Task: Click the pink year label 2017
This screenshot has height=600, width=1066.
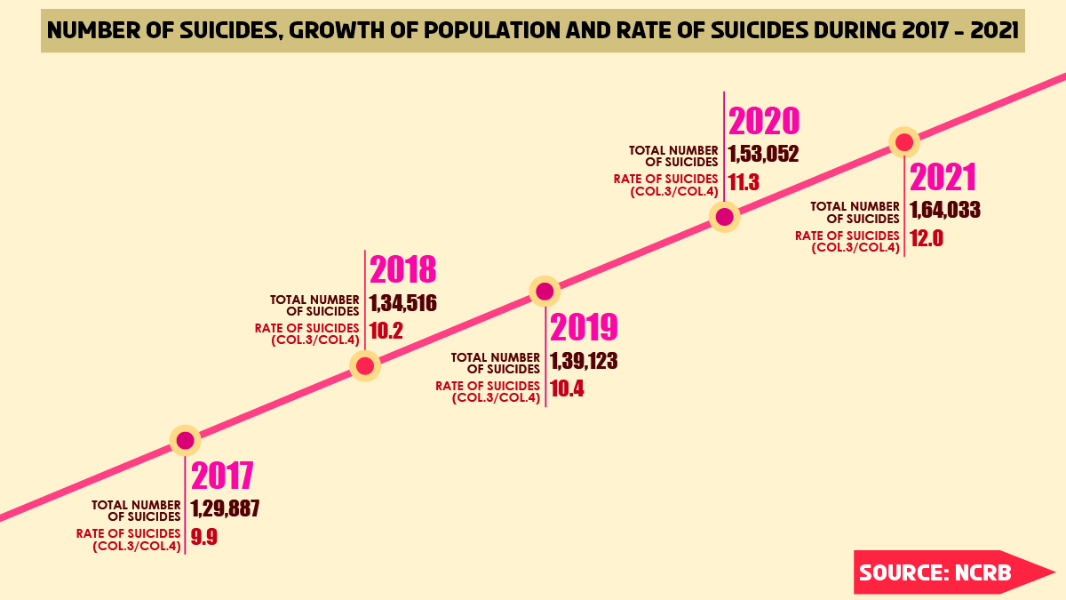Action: click(x=223, y=476)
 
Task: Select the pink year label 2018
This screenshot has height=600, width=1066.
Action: click(x=402, y=270)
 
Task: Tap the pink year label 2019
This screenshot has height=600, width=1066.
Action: click(x=584, y=328)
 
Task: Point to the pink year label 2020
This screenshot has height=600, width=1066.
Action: click(x=764, y=121)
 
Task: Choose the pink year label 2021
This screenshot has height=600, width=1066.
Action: click(x=943, y=177)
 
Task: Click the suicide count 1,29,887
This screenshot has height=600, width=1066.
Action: click(x=225, y=509)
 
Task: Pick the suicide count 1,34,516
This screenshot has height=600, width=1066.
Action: click(x=403, y=303)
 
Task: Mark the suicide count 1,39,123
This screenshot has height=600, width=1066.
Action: click(x=584, y=361)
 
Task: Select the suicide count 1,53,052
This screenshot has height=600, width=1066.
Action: click(x=764, y=154)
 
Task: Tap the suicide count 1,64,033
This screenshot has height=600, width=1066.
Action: click(x=945, y=211)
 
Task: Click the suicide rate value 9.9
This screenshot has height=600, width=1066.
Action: click(x=204, y=537)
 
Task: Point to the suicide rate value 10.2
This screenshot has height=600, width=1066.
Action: click(x=386, y=332)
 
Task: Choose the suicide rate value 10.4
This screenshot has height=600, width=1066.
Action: click(x=567, y=388)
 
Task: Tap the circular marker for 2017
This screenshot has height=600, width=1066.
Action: click(x=185, y=440)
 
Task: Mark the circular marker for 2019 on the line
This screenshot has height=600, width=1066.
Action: click(x=544, y=291)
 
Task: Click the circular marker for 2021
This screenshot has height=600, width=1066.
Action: click(x=904, y=142)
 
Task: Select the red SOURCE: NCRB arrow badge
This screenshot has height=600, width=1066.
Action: click(x=942, y=572)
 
